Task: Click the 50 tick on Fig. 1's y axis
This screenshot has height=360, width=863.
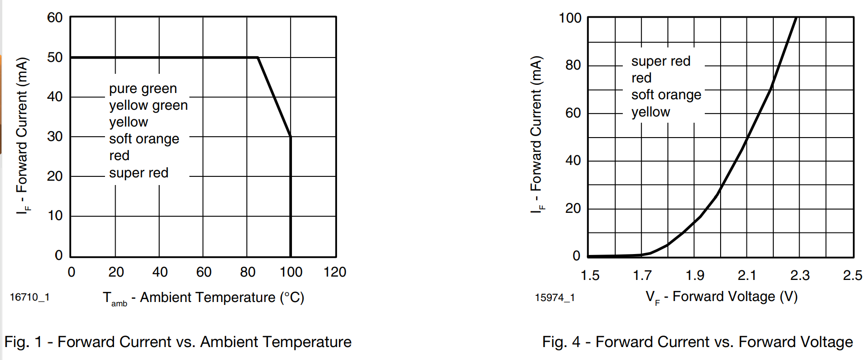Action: pyautogui.click(x=55, y=58)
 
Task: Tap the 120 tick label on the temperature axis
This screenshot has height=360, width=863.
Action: pyautogui.click(x=335, y=272)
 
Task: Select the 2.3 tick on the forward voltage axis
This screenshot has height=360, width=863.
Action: pyautogui.click(x=800, y=275)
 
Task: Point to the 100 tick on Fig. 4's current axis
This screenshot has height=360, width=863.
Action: pyautogui.click(x=570, y=18)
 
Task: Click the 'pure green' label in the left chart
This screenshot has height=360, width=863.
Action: pyautogui.click(x=143, y=89)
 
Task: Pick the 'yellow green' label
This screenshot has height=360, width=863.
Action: pyautogui.click(x=148, y=105)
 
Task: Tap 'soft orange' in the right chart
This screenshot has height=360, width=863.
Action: pyautogui.click(x=666, y=95)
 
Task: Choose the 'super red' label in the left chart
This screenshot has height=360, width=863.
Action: pyautogui.click(x=139, y=173)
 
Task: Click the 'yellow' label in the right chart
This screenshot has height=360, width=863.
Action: pyautogui.click(x=651, y=112)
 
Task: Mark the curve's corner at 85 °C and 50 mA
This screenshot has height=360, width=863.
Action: pyautogui.click(x=258, y=58)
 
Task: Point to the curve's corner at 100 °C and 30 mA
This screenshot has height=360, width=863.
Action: pyautogui.click(x=291, y=137)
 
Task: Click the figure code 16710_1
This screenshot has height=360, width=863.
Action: pyautogui.click(x=30, y=297)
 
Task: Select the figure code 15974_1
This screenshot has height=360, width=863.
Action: pyautogui.click(x=555, y=298)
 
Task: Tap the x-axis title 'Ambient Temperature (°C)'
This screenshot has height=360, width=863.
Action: pyautogui.click(x=222, y=298)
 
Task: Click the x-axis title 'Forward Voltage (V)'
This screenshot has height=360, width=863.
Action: pyautogui.click(x=735, y=297)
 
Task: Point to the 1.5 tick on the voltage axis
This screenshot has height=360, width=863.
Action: pyautogui.click(x=590, y=275)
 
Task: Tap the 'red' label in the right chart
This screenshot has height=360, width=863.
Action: pyautogui.click(x=641, y=78)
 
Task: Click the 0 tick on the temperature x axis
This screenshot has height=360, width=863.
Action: pyautogui.click(x=71, y=272)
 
